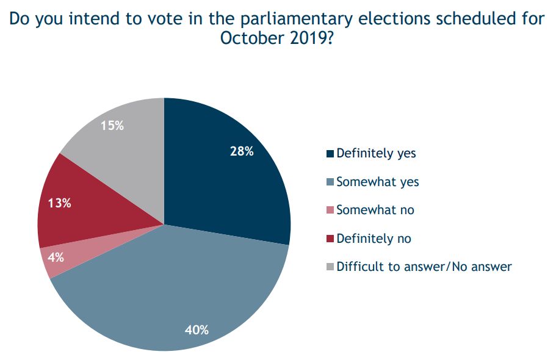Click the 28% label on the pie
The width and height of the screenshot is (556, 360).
pyautogui.click(x=242, y=151)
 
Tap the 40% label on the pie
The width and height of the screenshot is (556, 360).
pyautogui.click(x=197, y=330)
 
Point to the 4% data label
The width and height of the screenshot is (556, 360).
pyautogui.click(x=56, y=257)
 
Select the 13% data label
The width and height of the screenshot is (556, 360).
pyautogui.click(x=59, y=203)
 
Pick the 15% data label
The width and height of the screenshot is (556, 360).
pyautogui.click(x=112, y=126)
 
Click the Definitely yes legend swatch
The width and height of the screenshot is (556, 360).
pyautogui.click(x=331, y=154)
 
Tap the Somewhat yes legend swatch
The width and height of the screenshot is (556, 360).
pyautogui.click(x=331, y=182)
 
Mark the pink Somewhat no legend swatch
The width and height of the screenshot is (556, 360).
pyautogui.click(x=331, y=210)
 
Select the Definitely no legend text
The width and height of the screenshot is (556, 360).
pyautogui.click(x=374, y=239)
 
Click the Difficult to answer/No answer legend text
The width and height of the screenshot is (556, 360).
pyautogui.click(x=424, y=267)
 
